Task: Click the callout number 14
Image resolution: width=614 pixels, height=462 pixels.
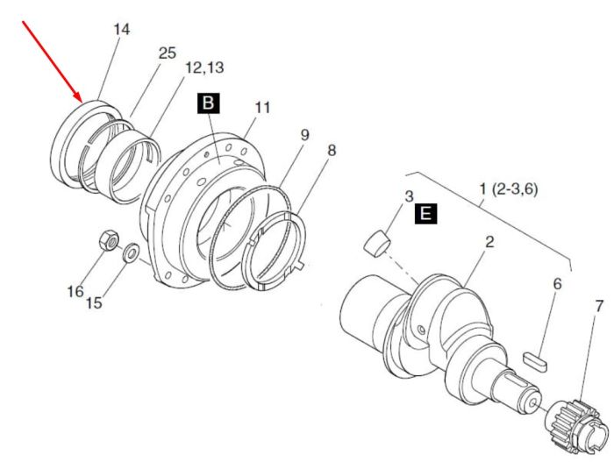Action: [121, 29]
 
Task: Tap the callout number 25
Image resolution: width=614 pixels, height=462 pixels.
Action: [168, 53]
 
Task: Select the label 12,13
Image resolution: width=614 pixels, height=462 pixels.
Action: [204, 68]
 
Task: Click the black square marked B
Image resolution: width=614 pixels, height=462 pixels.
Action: [209, 103]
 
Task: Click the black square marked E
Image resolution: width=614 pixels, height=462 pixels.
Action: [425, 214]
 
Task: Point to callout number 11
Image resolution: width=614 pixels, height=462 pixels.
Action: [262, 107]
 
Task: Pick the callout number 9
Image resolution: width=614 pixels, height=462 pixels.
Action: [304, 135]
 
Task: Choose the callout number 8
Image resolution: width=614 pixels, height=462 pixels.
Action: [332, 150]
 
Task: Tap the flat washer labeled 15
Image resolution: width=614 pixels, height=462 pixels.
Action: [131, 253]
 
